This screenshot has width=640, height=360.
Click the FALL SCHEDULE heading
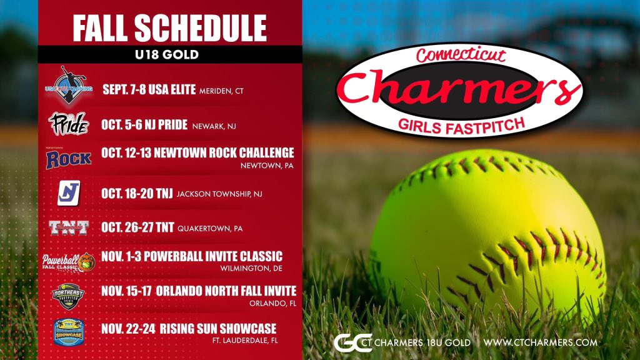(x=169, y=29)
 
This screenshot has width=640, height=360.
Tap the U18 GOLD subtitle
(x=169, y=54)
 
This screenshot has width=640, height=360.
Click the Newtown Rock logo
(x=68, y=158)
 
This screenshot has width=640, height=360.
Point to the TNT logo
(x=68, y=228)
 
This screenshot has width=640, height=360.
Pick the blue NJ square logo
(x=68, y=193)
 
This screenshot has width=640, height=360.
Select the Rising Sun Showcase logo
(x=68, y=330)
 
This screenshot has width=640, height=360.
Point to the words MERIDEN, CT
(x=221, y=91)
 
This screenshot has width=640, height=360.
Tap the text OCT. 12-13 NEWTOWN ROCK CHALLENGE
(x=197, y=153)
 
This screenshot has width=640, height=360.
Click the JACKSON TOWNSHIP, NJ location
(x=219, y=194)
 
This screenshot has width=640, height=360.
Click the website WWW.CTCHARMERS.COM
(x=541, y=342)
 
